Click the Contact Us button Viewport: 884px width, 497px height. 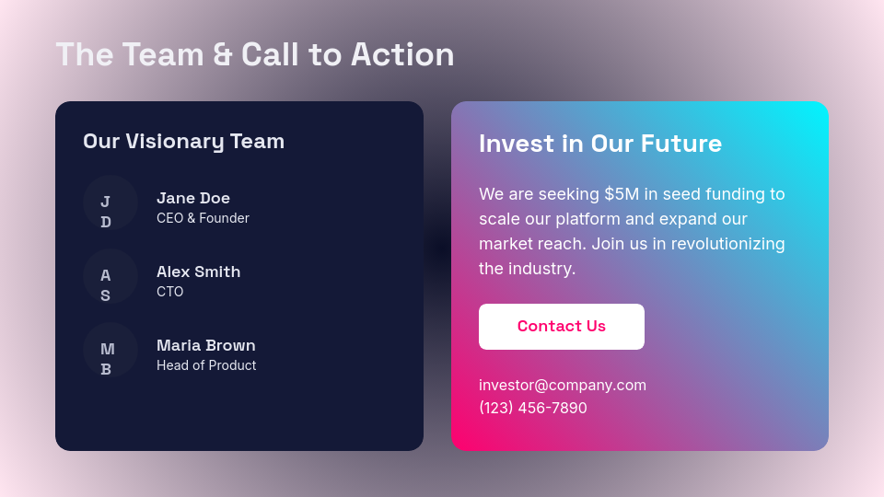coord(562,327)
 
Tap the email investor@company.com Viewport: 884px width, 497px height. coord(563,385)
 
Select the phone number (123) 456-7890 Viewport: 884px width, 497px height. coord(533,408)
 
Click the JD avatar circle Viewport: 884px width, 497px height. coord(110,202)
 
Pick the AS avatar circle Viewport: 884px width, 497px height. coord(110,276)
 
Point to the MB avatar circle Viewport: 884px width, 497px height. coord(110,350)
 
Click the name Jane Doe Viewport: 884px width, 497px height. coord(193,198)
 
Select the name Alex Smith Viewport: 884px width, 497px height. coord(198,272)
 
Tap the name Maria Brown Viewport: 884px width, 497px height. coord(206,345)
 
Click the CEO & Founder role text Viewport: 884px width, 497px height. coord(203,218)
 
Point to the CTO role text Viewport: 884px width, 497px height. coord(169,292)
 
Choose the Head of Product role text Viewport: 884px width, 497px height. coord(206,365)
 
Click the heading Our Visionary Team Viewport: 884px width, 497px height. coord(183,141)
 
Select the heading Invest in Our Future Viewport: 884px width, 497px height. coord(600,144)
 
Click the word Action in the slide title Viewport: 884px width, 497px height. coord(402,54)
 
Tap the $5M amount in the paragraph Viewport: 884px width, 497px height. coord(622,194)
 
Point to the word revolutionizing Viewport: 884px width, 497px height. coord(728,244)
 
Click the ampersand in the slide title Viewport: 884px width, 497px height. coord(222,54)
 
